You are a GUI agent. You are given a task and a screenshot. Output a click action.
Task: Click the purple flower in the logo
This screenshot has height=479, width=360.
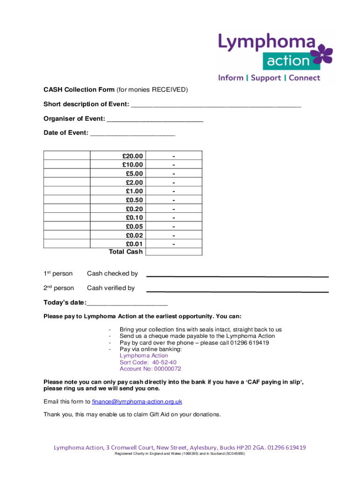[x=324, y=55]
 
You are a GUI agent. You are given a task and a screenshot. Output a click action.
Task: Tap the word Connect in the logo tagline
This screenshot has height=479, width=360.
[x=304, y=78]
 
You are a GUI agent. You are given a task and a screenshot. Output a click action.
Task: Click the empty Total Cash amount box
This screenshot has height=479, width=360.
[x=173, y=252]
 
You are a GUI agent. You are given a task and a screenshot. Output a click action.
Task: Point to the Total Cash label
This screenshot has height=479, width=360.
[x=126, y=252]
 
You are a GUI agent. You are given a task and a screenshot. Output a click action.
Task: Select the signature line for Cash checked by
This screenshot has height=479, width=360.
[x=238, y=276]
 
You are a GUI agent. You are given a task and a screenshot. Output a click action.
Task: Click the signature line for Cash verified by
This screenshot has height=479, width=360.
[x=238, y=291]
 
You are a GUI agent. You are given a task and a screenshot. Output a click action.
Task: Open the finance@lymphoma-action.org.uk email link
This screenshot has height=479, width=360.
[x=137, y=401]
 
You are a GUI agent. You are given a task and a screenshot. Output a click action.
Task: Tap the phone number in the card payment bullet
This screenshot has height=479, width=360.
[x=249, y=342]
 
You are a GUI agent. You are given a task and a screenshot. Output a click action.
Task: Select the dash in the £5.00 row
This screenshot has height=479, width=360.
[x=173, y=174]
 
